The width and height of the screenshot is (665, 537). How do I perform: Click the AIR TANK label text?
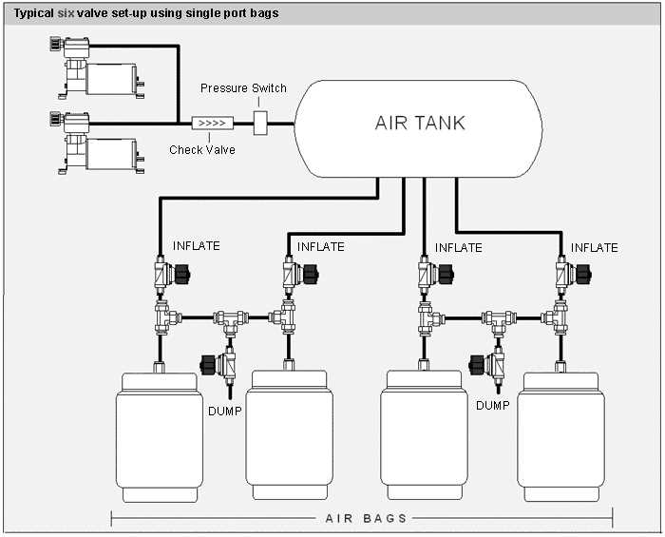pos(419,124)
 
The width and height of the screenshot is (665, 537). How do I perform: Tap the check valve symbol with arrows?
pos(210,124)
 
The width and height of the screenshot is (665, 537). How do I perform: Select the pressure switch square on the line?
pos(262,124)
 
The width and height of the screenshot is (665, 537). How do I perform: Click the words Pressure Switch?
pos(243,88)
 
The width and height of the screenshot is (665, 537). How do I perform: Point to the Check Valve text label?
pos(201,149)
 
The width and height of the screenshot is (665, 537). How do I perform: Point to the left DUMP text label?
pos(224,411)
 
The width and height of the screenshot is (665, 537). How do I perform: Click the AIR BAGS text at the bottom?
pos(366,518)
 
